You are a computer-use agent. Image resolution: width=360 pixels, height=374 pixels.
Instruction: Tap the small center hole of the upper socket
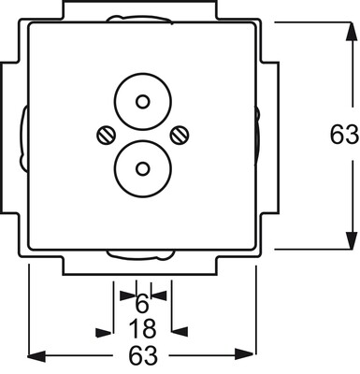point(143,102)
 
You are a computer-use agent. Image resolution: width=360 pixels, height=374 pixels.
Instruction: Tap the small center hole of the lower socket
point(143,168)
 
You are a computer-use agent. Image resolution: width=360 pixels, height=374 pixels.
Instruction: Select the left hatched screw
point(106,136)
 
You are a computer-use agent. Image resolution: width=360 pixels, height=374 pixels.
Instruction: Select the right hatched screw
point(180,136)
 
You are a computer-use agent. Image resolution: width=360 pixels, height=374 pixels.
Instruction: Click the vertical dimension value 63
point(344,135)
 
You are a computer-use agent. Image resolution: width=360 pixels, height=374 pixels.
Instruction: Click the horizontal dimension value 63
point(143,355)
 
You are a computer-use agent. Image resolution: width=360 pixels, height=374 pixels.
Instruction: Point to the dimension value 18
point(142,329)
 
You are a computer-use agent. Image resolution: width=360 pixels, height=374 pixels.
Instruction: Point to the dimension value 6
point(142,304)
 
